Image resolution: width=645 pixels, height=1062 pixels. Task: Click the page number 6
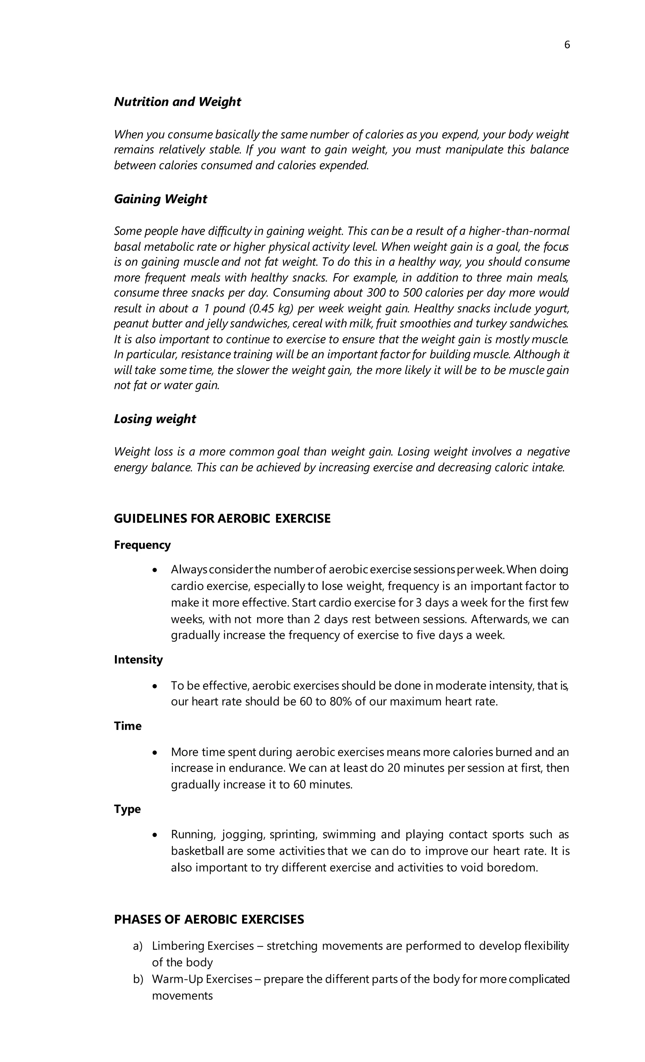point(567,45)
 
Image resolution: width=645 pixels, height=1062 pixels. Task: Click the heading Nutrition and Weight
point(177,102)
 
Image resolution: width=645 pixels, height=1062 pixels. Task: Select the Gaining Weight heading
point(160,199)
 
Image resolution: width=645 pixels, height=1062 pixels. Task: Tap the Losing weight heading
point(155,419)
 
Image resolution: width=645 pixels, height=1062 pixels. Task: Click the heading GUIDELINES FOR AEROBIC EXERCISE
point(222,519)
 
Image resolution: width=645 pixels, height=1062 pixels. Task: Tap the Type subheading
point(127,809)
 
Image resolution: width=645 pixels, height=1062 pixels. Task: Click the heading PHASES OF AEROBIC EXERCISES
point(209,920)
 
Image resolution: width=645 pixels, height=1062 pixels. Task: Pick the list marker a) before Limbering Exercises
point(138,946)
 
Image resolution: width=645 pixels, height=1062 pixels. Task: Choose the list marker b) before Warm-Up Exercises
point(138,979)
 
